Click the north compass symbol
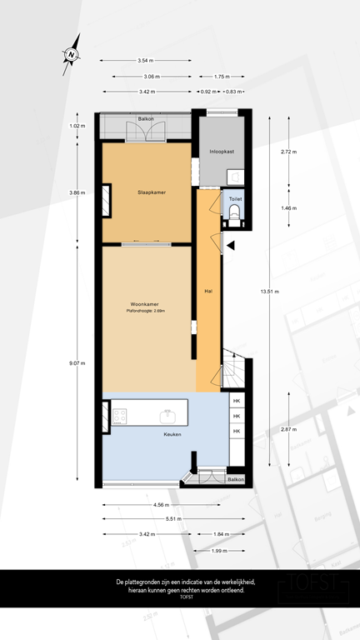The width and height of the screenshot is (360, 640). [72, 52]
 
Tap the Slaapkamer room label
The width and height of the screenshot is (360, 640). [151, 192]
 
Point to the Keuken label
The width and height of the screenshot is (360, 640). [172, 434]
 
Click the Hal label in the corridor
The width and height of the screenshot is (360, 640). [208, 292]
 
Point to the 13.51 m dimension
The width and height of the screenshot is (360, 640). [270, 292]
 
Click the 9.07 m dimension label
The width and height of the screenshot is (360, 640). [77, 362]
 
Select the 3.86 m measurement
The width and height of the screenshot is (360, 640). [77, 192]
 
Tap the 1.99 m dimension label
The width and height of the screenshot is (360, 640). [220, 550]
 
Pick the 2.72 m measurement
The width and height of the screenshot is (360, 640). [288, 152]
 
